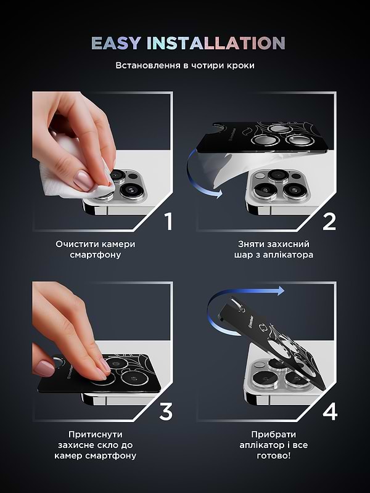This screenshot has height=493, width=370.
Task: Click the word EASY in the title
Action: click(x=116, y=43)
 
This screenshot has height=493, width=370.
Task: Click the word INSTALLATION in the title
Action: click(x=216, y=43)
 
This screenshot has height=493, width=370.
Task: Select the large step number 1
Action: click(x=169, y=222)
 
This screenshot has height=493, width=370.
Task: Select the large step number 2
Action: click(x=329, y=222)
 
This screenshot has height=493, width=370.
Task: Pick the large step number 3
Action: click(x=166, y=412)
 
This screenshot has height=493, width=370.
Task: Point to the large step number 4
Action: click(x=330, y=412)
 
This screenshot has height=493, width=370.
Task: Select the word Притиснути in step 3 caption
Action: click(x=96, y=434)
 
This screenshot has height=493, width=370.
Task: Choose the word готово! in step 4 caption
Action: click(x=273, y=455)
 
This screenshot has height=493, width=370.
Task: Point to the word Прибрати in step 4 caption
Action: click(x=273, y=434)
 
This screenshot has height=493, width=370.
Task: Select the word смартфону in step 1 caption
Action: click(x=96, y=255)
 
